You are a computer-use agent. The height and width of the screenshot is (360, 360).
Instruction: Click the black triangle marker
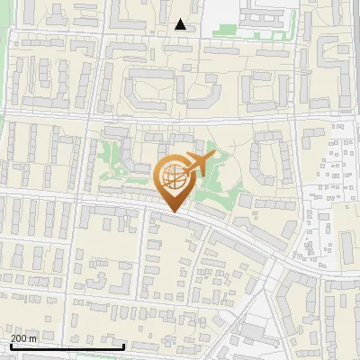[x=181, y=24]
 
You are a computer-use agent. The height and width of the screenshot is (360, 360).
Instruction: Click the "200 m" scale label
[x=23, y=338]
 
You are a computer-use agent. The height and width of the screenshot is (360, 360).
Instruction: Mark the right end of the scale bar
[x=123, y=346]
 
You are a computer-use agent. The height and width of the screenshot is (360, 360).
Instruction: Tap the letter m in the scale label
[x=33, y=338]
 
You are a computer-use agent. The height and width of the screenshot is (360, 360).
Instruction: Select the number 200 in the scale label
[x=19, y=338]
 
